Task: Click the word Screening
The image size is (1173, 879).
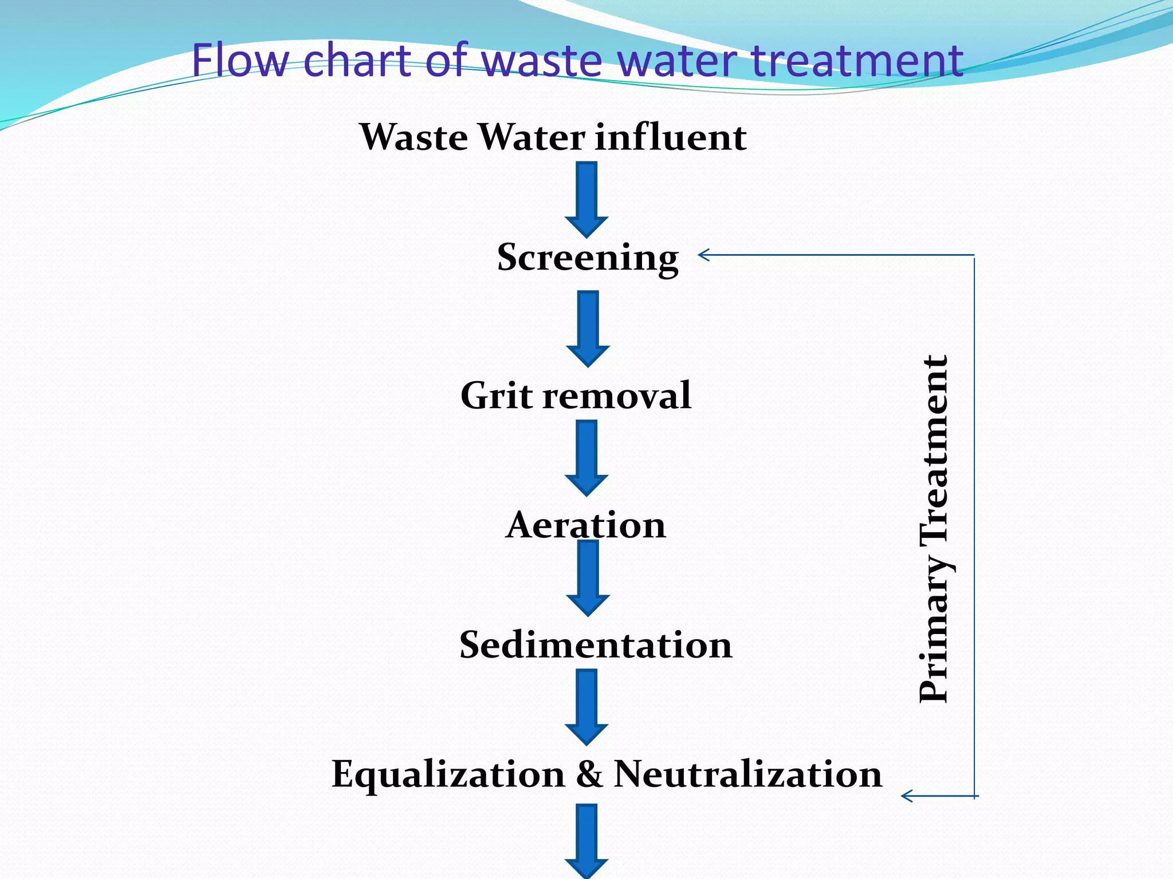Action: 587,258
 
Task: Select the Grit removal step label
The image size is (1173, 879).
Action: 576,395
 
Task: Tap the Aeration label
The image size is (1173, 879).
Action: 585,525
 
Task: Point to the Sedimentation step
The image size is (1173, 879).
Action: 596,645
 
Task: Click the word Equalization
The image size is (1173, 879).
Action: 448,774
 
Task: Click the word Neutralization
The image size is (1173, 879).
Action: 747,774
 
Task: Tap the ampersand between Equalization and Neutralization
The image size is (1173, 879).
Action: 589,774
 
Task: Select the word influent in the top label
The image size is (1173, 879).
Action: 670,137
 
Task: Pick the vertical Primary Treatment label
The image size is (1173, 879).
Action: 934,529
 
